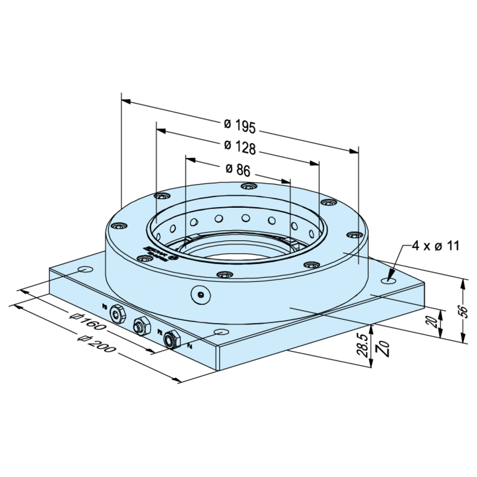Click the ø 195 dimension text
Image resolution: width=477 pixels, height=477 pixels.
click(241, 125)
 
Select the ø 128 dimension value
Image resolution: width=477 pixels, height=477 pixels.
click(241, 147)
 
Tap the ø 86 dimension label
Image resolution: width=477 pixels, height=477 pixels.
click(238, 169)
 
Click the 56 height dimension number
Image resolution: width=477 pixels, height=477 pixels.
click(464, 311)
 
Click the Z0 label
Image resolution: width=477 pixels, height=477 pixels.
click(384, 347)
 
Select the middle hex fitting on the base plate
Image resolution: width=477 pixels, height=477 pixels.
click(140, 325)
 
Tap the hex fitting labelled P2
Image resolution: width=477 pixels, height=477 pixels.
click(170, 340)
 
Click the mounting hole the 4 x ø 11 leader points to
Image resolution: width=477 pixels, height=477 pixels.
click(390, 281)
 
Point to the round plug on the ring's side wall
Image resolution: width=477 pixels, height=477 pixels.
click(199, 294)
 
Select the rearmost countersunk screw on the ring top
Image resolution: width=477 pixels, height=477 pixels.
click(246, 186)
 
